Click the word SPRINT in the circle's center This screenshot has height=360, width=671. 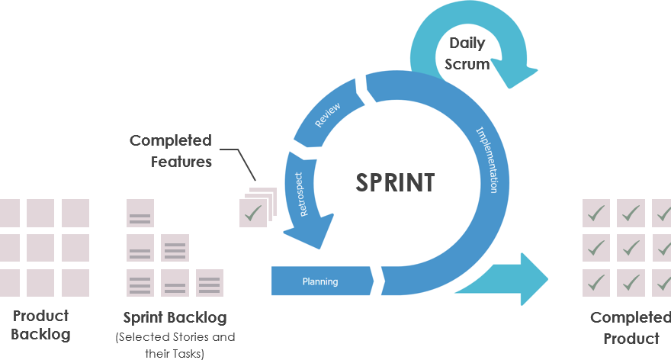click(395, 183)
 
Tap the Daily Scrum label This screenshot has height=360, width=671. click(467, 53)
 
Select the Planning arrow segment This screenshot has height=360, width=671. click(320, 281)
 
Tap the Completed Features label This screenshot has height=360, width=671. click(170, 150)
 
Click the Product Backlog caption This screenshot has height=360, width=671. click(40, 325)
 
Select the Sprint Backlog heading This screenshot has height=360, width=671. click(175, 317)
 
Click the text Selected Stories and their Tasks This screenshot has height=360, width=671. click(175, 345)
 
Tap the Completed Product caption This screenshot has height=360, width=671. click(630, 328)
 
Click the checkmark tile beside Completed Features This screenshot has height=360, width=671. click(253, 213)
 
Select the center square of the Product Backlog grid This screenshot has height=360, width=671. click(40, 248)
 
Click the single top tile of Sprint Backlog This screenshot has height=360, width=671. click(140, 214)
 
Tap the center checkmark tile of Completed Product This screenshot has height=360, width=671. click(631, 248)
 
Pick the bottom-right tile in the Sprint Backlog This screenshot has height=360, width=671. click(210, 283)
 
